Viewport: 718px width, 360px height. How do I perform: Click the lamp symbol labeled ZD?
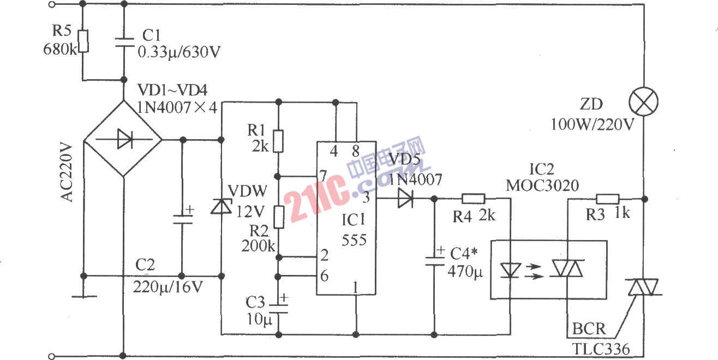click(x=644, y=101)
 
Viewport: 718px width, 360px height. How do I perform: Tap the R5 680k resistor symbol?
click(x=82, y=41)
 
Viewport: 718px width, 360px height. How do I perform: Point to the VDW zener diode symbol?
click(x=221, y=206)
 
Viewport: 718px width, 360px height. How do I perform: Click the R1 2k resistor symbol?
click(x=279, y=141)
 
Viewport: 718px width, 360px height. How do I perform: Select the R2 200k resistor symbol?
click(x=279, y=217)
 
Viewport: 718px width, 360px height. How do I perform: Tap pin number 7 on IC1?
click(x=324, y=176)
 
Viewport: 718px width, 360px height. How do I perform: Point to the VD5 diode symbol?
click(x=405, y=199)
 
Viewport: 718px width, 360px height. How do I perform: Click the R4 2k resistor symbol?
click(x=473, y=199)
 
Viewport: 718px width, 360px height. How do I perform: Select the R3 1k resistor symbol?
click(x=607, y=199)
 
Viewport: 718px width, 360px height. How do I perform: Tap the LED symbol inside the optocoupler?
click(x=510, y=269)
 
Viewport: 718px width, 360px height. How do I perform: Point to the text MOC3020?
click(x=542, y=185)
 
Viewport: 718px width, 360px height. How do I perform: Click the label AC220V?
click(x=67, y=172)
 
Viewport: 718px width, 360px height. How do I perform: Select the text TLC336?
click(x=601, y=349)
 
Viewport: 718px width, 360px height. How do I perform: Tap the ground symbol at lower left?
click(x=83, y=296)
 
